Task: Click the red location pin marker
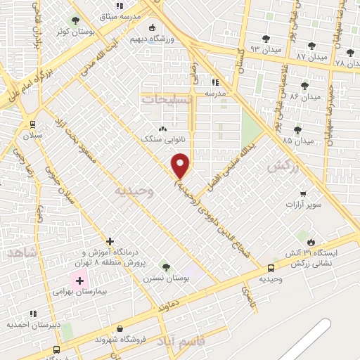[181, 166]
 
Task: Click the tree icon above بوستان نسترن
[165, 267]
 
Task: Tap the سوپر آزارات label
[303, 204]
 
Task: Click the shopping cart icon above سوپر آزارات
[303, 193]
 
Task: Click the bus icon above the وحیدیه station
[271, 268]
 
